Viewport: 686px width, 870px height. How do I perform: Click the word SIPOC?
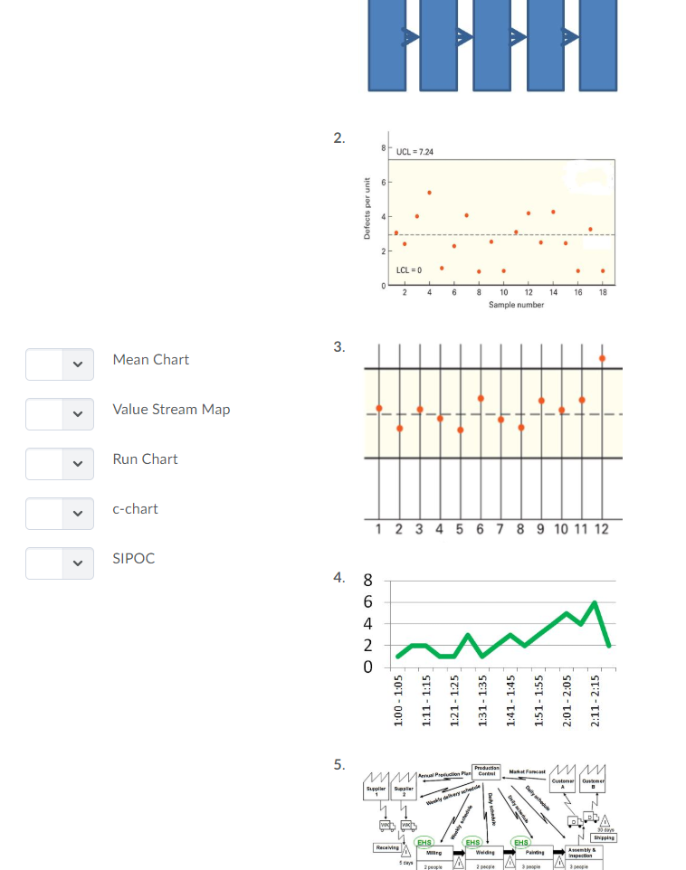pos(133,558)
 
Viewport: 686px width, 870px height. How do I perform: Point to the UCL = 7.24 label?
pos(414,151)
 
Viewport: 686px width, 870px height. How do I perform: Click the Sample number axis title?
pos(516,305)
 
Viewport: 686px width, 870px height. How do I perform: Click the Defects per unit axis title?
pos(367,208)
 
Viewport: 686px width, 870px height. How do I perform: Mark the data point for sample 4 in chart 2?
pos(429,193)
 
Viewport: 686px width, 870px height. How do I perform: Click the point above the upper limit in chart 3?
pos(602,358)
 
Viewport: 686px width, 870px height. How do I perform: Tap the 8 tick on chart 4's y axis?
pos(367,581)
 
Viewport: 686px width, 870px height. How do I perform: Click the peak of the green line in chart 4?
pos(595,602)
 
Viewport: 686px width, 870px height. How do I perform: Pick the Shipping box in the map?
pos(601,837)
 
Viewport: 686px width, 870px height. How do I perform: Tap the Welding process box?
pos(484,852)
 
